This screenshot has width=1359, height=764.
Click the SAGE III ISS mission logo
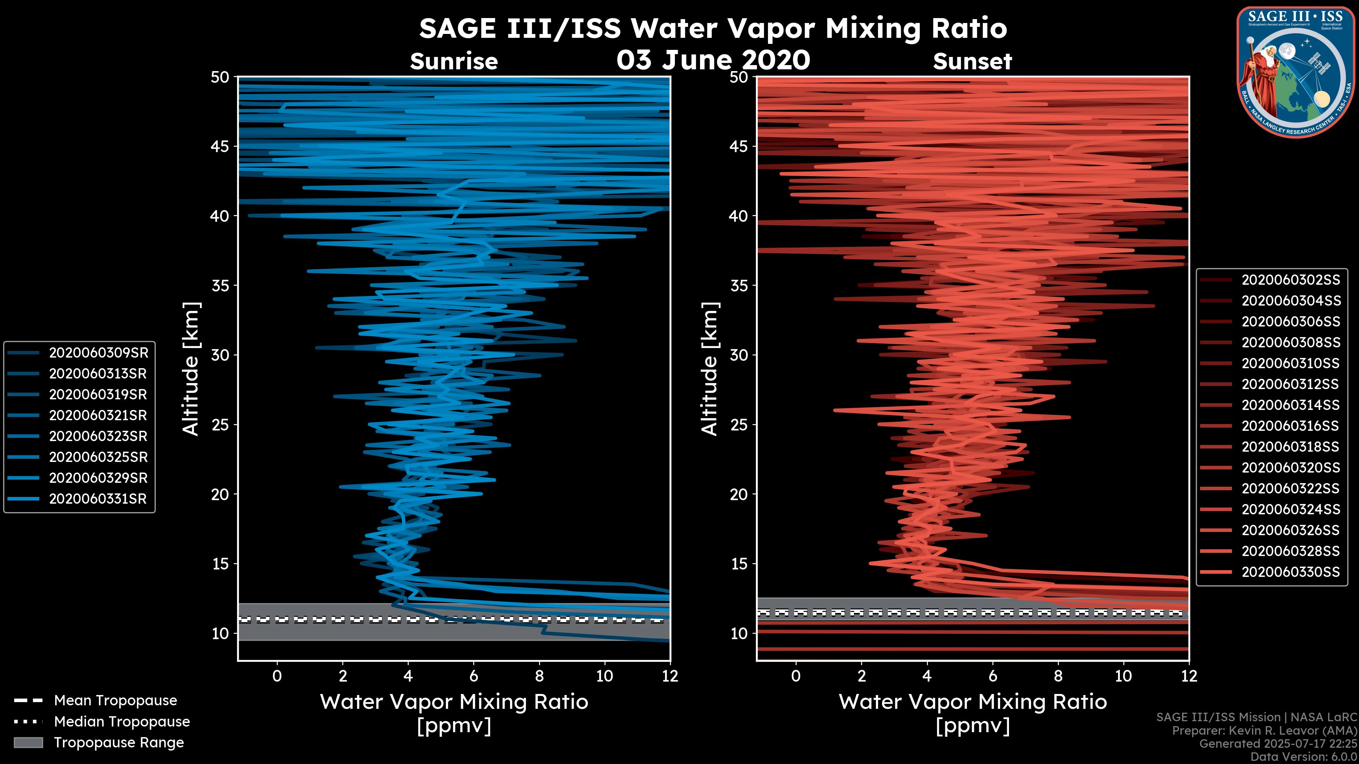click(1296, 72)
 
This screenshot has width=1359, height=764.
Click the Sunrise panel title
click(454, 62)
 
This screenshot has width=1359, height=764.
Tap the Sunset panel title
click(972, 62)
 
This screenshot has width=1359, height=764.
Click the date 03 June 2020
click(713, 60)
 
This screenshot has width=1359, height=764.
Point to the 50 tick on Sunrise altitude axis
click(220, 77)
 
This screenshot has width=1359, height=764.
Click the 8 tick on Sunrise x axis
click(539, 676)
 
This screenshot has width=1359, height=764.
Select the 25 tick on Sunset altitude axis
click(740, 425)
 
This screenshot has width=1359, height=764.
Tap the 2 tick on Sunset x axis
click(861, 676)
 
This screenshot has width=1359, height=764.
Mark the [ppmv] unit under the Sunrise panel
click(454, 726)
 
